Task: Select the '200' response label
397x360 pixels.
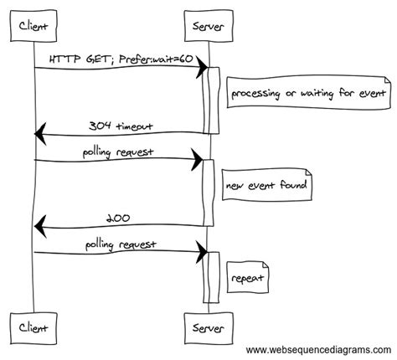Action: point(118,218)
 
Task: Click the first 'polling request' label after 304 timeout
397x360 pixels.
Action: point(118,152)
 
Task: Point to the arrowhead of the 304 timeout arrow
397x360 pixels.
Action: point(39,133)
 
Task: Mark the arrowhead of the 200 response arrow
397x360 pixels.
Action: point(39,225)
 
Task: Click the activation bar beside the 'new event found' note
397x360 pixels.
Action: point(210,193)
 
